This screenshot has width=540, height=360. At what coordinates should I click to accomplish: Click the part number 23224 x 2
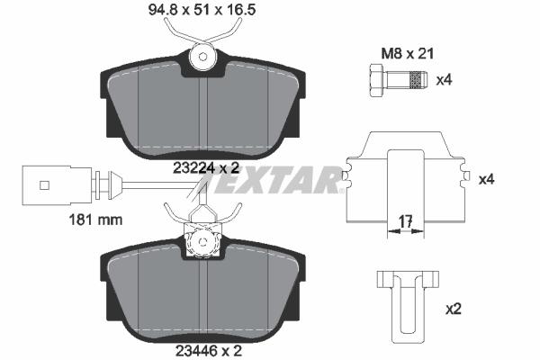tap(206, 166)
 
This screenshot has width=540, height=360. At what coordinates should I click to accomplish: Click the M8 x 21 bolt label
tap(401, 54)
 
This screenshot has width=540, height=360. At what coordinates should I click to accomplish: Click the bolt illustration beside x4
tap(394, 82)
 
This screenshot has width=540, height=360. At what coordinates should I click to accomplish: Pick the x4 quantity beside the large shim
tap(486, 180)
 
